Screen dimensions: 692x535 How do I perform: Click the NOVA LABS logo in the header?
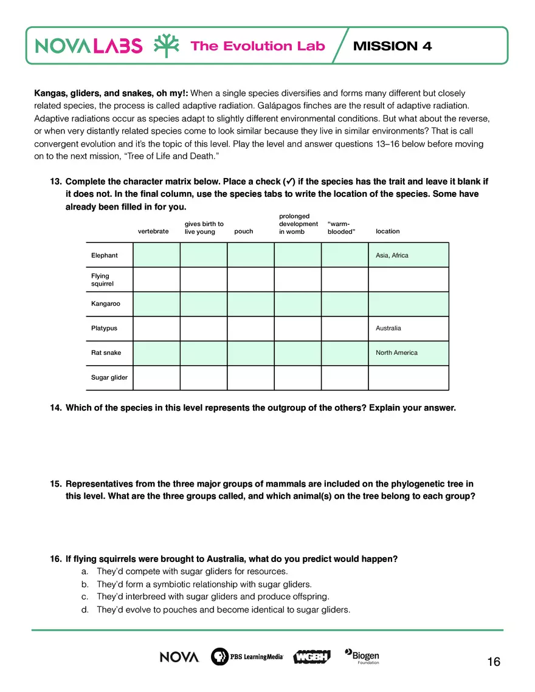(x=89, y=46)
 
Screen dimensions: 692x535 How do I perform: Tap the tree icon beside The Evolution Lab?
(x=166, y=46)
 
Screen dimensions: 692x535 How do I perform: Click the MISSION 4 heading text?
(x=392, y=46)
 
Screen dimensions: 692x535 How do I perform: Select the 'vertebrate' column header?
(x=153, y=231)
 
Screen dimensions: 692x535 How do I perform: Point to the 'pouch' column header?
(x=243, y=231)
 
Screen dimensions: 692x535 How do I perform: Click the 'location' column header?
(x=388, y=231)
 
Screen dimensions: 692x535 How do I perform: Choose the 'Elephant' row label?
(x=105, y=255)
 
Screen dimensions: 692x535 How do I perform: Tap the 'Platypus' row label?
(x=105, y=328)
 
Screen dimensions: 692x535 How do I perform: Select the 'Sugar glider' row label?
(x=109, y=377)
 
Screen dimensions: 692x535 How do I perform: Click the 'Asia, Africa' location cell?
(x=392, y=255)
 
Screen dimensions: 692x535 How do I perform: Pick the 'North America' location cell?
(x=396, y=352)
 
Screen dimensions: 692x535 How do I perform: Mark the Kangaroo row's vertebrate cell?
(x=156, y=304)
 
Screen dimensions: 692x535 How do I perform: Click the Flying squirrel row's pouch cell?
(x=250, y=279)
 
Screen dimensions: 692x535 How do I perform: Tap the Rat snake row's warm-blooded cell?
(x=345, y=353)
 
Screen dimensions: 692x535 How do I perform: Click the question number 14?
(x=55, y=408)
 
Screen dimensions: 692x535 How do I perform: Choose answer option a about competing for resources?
(x=192, y=571)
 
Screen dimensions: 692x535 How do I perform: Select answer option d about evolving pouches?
(x=223, y=609)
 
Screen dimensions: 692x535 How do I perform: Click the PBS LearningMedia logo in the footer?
(x=247, y=657)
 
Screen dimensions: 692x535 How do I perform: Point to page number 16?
(x=494, y=662)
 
